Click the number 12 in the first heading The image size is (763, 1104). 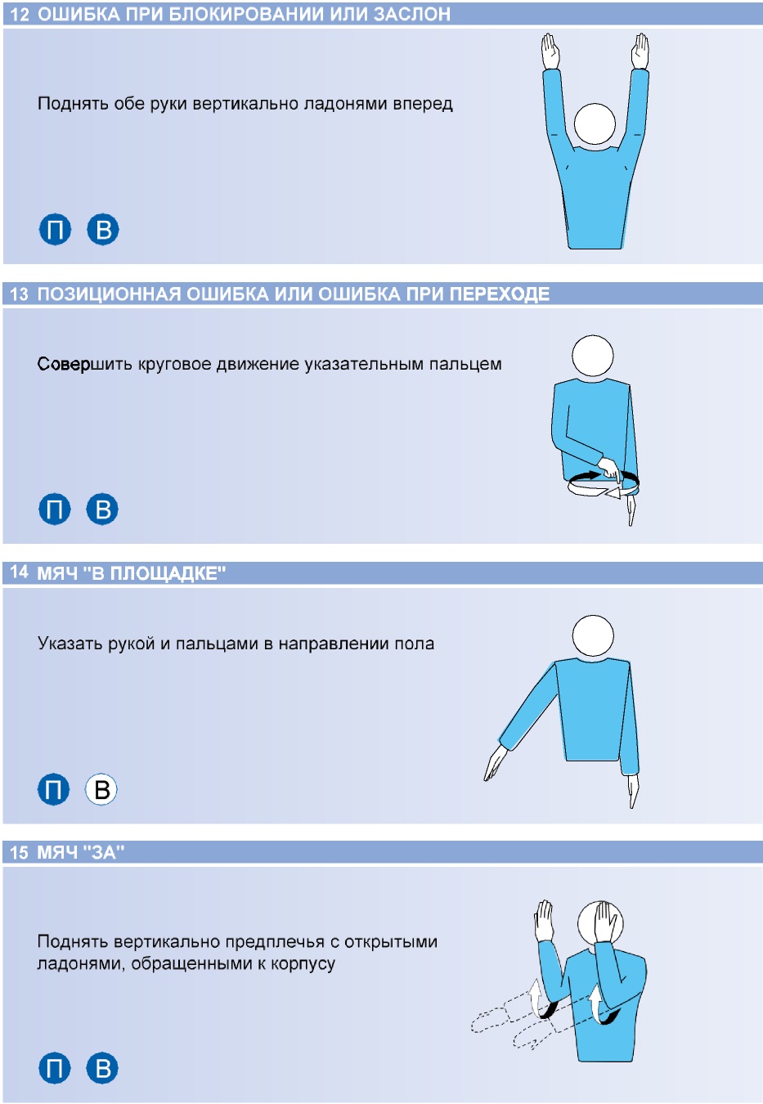click(x=20, y=14)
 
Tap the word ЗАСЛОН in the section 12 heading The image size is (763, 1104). click(x=411, y=14)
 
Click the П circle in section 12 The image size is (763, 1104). click(x=55, y=229)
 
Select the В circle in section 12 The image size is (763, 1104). click(x=103, y=229)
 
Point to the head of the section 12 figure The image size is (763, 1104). click(x=595, y=123)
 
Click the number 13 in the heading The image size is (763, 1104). click(x=20, y=294)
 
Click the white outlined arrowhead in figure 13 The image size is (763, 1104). click(x=613, y=491)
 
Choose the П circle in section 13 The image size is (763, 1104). click(x=54, y=509)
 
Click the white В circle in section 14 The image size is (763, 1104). click(x=101, y=789)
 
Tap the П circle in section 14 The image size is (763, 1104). click(x=53, y=789)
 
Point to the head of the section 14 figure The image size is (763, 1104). click(x=593, y=635)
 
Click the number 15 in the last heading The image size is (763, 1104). click(x=20, y=853)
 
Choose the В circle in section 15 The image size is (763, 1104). click(x=102, y=1068)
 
